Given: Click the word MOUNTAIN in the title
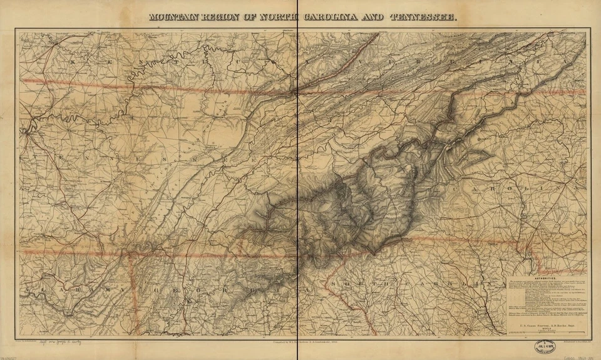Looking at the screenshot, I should coord(173,18).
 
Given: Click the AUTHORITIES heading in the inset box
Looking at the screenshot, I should coord(544,280).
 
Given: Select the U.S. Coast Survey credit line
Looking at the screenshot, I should coord(544,320).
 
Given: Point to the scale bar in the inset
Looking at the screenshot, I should coord(544,331).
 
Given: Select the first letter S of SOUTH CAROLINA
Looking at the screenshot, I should coord(336,287).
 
